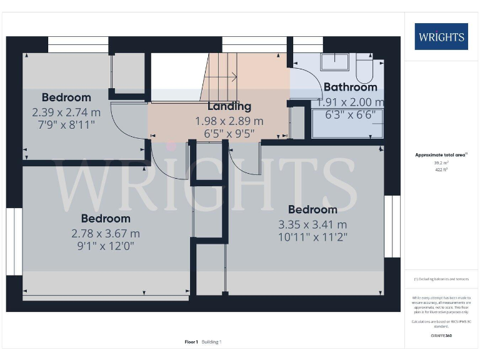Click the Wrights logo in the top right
click(x=441, y=37)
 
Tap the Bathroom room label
click(x=349, y=87)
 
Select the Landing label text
click(x=229, y=106)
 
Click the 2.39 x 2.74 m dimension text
click(x=66, y=112)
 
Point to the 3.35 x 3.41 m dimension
click(x=312, y=224)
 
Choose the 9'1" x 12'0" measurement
click(x=106, y=246)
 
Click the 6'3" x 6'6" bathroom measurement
click(x=349, y=115)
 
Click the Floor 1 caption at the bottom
click(x=191, y=342)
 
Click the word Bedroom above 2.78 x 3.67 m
click(x=106, y=219)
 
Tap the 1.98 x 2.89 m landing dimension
click(x=229, y=121)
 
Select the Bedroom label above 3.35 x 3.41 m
click(x=312, y=210)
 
